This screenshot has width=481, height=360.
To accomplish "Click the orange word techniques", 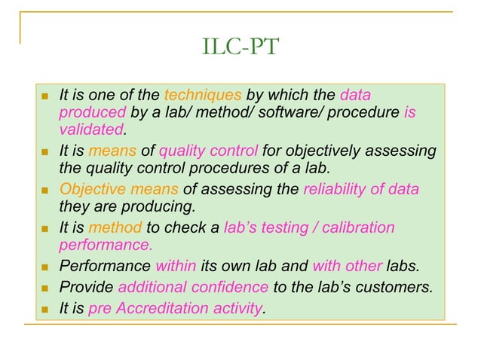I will [202, 96].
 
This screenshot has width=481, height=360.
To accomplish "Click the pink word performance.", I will [106, 245].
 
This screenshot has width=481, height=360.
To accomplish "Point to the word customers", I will [394, 286].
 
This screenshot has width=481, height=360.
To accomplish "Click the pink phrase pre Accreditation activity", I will [176, 307].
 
